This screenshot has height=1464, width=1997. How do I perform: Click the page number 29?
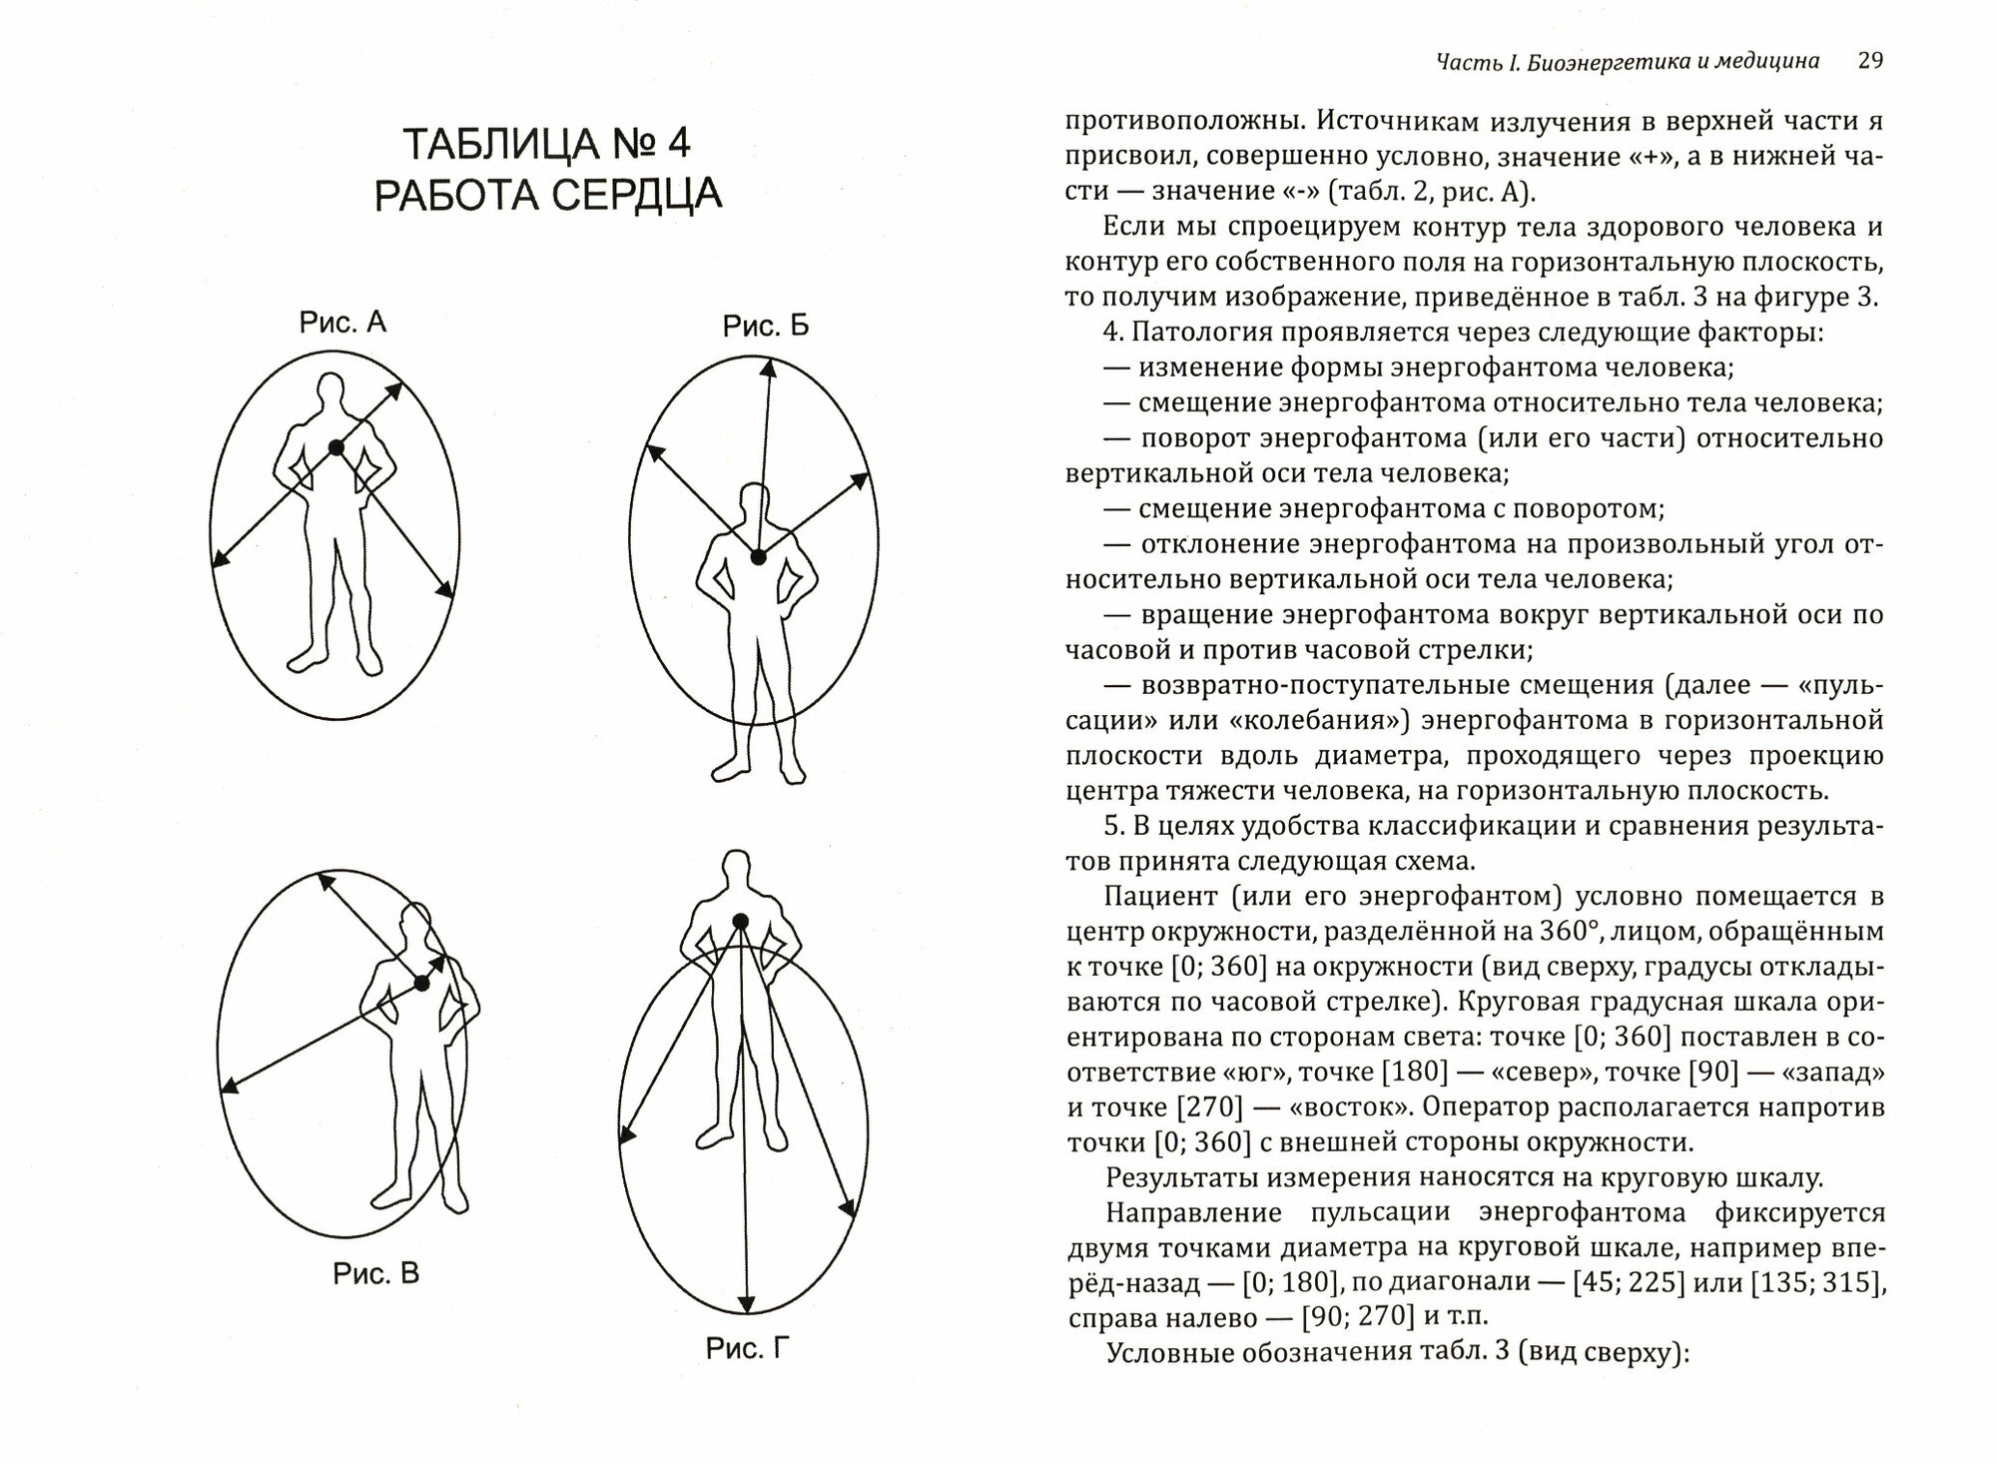tap(1870, 61)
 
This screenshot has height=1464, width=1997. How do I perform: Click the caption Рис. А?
tap(342, 323)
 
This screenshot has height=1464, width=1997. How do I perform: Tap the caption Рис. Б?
tap(766, 326)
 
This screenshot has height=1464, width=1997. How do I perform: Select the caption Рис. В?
tap(375, 1274)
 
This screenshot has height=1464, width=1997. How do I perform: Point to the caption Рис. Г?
tap(748, 1349)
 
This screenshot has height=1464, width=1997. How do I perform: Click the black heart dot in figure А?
tap(336, 448)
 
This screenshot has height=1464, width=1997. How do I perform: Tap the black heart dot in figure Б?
tap(759, 557)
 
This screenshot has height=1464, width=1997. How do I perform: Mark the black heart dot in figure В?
tap(422, 984)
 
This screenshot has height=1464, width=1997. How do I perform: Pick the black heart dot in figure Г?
tap(739, 920)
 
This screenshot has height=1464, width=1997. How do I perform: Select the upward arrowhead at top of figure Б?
tap(768, 368)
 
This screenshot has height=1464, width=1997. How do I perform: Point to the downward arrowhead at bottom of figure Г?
tap(744, 1303)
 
